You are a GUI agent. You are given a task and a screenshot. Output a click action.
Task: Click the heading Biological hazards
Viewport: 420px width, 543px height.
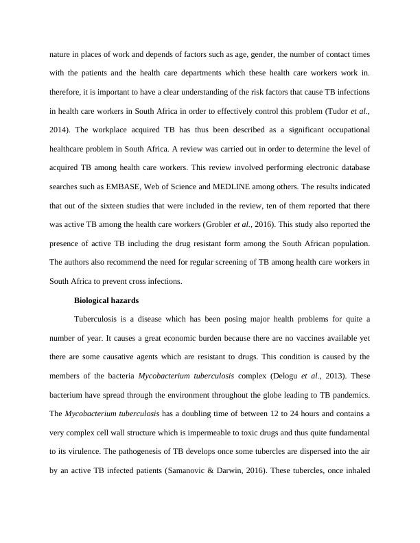(x=106, y=300)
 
